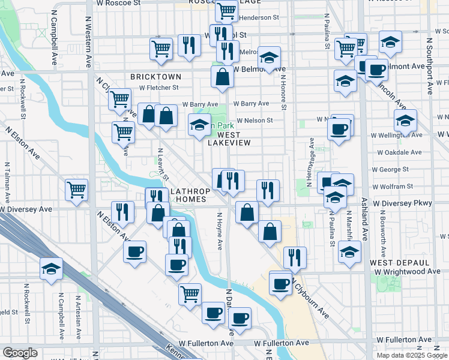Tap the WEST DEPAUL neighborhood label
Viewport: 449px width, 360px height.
(399, 263)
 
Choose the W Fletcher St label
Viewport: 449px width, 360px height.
(159, 87)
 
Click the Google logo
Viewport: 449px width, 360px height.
(20, 353)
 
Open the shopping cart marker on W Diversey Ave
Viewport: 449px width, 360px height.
(77, 190)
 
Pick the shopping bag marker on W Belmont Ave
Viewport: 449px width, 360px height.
(222, 77)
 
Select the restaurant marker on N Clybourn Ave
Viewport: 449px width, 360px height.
(294, 257)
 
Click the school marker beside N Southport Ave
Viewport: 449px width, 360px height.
(406, 120)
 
